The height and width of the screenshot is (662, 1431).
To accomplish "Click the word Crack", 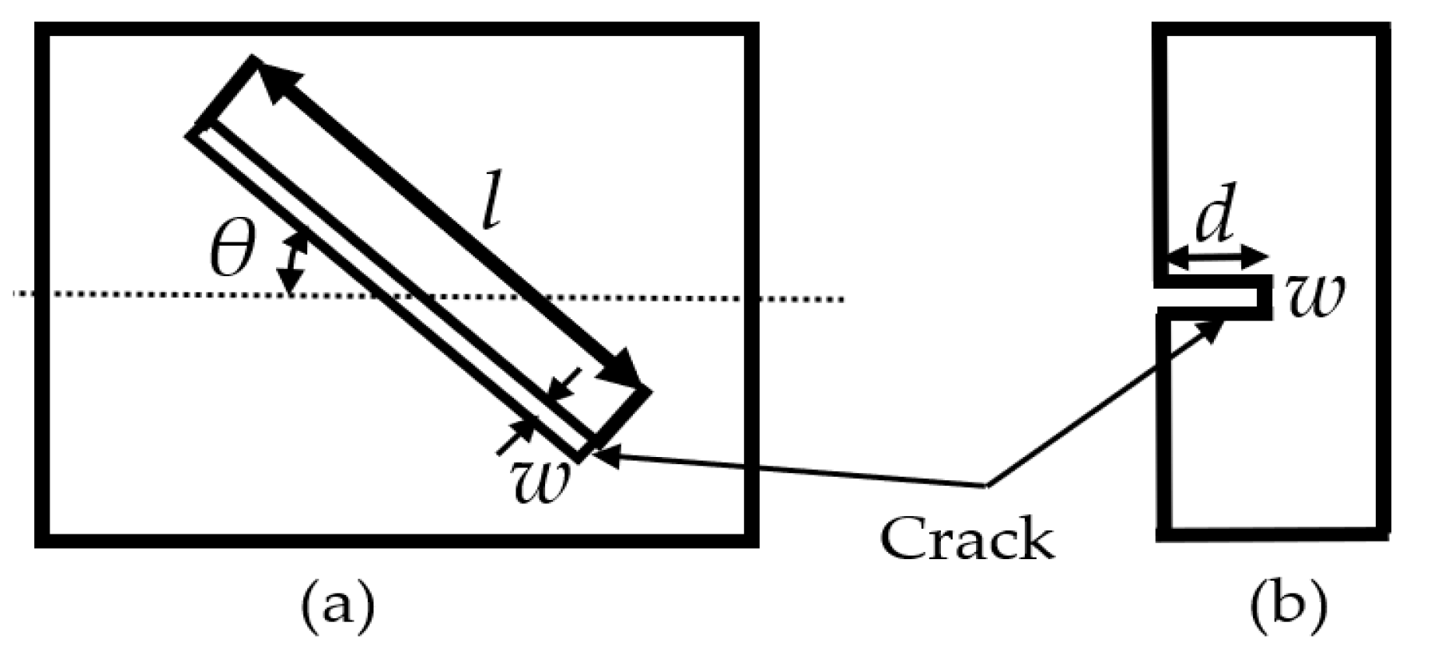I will [x=967, y=539].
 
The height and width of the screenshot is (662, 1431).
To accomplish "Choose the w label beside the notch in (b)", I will [x=1315, y=296].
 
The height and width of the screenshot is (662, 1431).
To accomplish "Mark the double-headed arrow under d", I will [x=1216, y=258].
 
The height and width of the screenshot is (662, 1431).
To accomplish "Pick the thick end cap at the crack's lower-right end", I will [x=621, y=416].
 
